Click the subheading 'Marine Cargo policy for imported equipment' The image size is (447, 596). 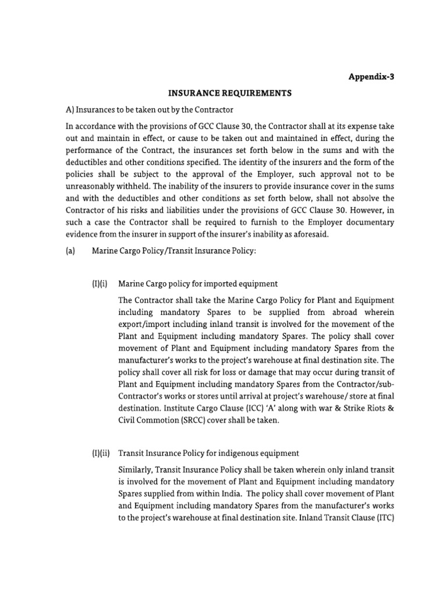pos(198,284)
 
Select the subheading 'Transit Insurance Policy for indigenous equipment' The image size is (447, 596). pos(208,453)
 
